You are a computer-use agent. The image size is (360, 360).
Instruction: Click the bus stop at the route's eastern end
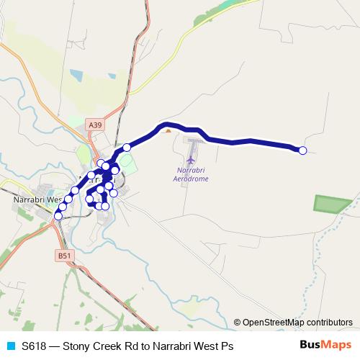(302, 150)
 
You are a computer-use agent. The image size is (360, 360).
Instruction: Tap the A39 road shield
(94, 125)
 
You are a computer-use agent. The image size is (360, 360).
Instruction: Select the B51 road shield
(64, 255)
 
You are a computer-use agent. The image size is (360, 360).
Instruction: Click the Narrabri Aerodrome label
(192, 174)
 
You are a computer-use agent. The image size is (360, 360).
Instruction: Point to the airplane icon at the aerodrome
(191, 158)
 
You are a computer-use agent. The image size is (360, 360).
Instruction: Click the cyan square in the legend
(9, 346)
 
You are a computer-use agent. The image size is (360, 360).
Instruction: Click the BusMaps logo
(325, 345)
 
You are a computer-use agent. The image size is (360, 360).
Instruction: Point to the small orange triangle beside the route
(168, 131)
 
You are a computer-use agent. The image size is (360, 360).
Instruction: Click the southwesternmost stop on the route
(58, 215)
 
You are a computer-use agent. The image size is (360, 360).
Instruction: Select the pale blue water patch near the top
(77, 75)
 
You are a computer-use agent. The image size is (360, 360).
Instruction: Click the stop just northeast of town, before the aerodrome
(127, 148)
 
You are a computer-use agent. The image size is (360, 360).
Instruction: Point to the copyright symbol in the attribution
(238, 323)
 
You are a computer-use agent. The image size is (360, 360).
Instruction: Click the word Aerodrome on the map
(192, 179)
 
